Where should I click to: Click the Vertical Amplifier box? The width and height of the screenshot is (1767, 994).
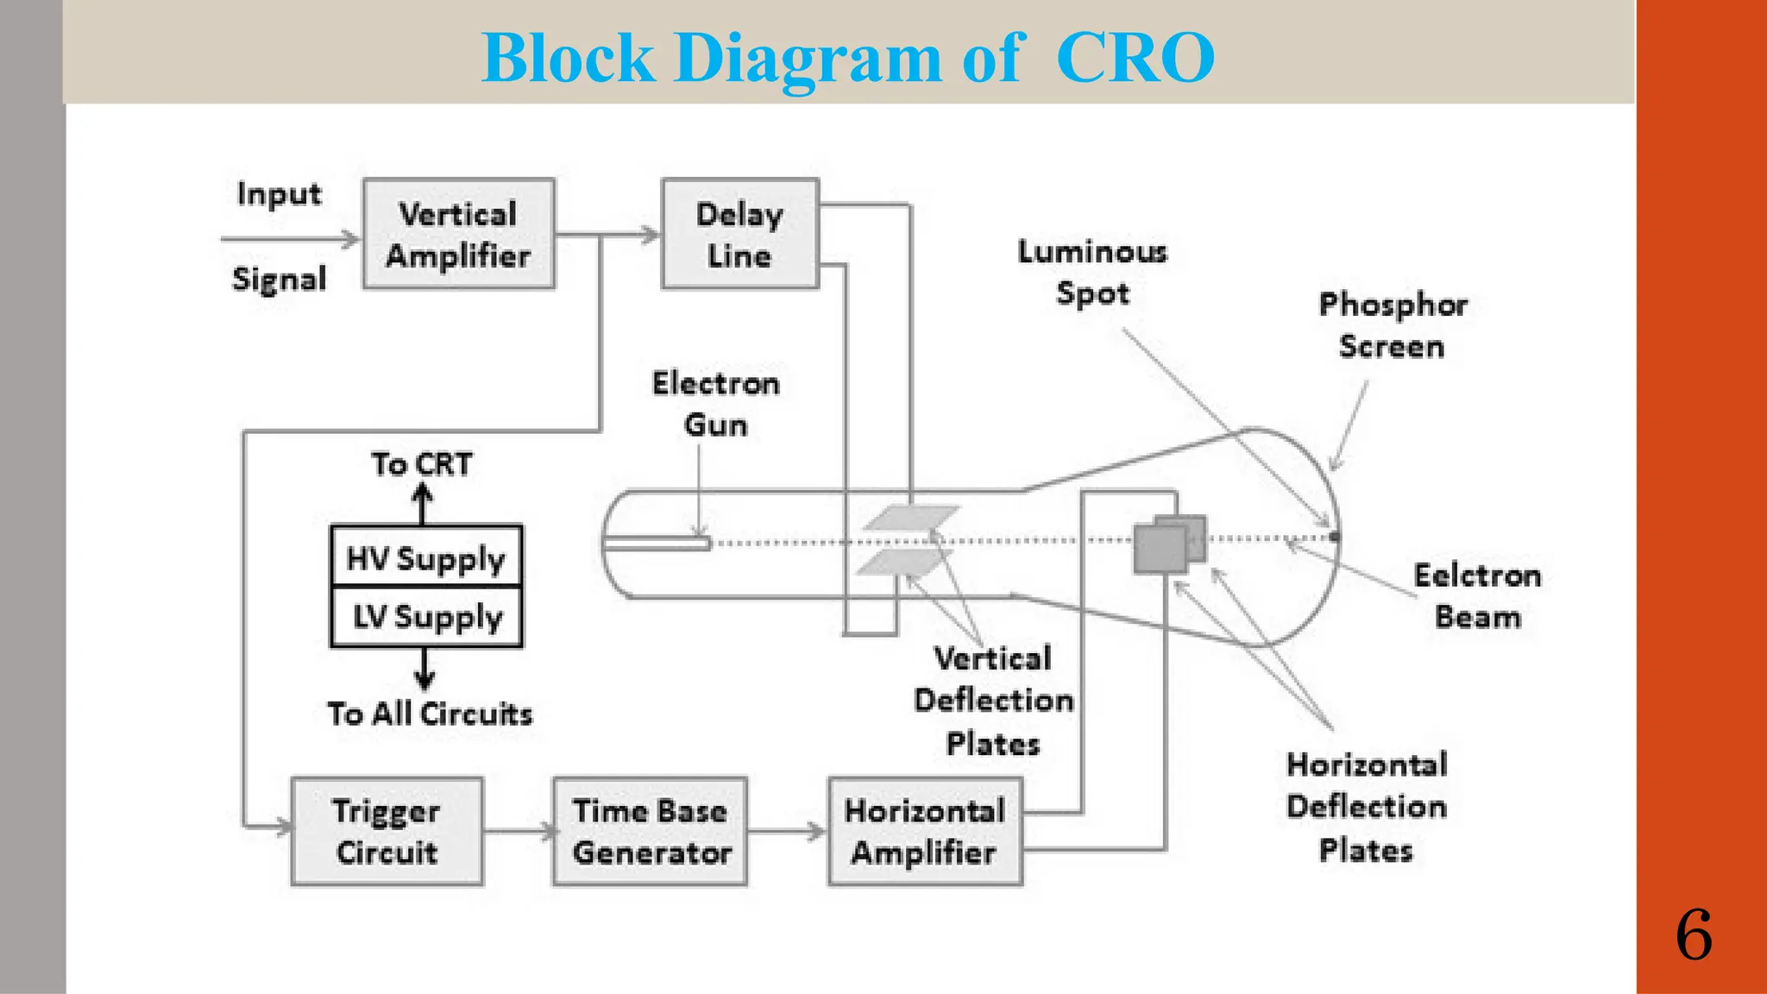coord(458,234)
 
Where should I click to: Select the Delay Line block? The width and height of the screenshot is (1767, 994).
coord(739,234)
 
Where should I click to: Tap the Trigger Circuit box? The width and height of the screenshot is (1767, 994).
coord(387,831)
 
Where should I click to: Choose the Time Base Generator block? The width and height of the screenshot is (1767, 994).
coord(650,831)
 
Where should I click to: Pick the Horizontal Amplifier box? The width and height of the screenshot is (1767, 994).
coord(925,831)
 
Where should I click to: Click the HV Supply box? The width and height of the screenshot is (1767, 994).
coord(426,557)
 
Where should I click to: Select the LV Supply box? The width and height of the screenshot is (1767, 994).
coord(426,617)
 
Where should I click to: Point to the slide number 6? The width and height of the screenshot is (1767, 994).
coord(1694,935)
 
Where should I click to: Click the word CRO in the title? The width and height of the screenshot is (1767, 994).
coord(1135,58)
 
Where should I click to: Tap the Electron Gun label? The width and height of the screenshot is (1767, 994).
coord(715,404)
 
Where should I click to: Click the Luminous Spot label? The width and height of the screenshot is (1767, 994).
coord(1092,272)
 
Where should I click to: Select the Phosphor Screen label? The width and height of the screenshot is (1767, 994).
coord(1392,325)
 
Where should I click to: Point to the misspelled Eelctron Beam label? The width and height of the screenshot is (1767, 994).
coord(1477,596)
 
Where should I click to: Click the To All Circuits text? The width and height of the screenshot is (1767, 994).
coord(430,714)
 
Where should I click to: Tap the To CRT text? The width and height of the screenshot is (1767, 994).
coord(422,464)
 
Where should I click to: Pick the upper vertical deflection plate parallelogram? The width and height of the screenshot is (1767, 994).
coord(912,517)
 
